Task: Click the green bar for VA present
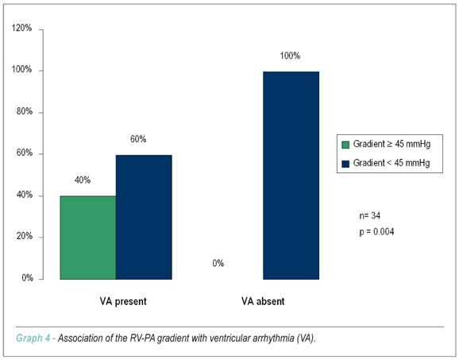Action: click(88, 238)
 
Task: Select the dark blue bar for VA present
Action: click(144, 217)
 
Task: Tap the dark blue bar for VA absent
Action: click(291, 176)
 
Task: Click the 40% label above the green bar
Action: click(83, 180)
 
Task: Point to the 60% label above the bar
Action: click(138, 139)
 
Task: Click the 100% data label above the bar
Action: click(290, 56)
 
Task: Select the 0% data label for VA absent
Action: click(218, 263)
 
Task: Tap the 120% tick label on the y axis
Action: click(21, 28)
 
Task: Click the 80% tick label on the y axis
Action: click(25, 111)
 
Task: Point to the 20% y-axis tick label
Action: click(25, 236)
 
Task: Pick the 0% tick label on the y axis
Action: click(27, 277)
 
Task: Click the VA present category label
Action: click(123, 301)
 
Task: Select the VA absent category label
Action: click(263, 301)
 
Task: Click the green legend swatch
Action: click(345, 145)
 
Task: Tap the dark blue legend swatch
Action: click(345, 164)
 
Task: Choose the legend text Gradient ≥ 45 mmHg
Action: click(391, 144)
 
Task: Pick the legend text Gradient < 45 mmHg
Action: click(391, 163)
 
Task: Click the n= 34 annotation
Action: click(370, 216)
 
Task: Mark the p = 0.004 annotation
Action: click(376, 232)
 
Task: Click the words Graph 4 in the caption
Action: click(33, 339)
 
